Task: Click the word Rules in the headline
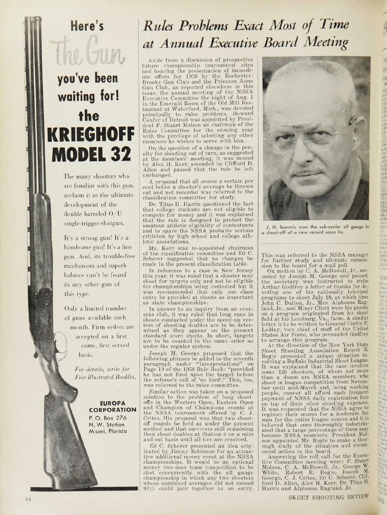[x=156, y=25]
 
